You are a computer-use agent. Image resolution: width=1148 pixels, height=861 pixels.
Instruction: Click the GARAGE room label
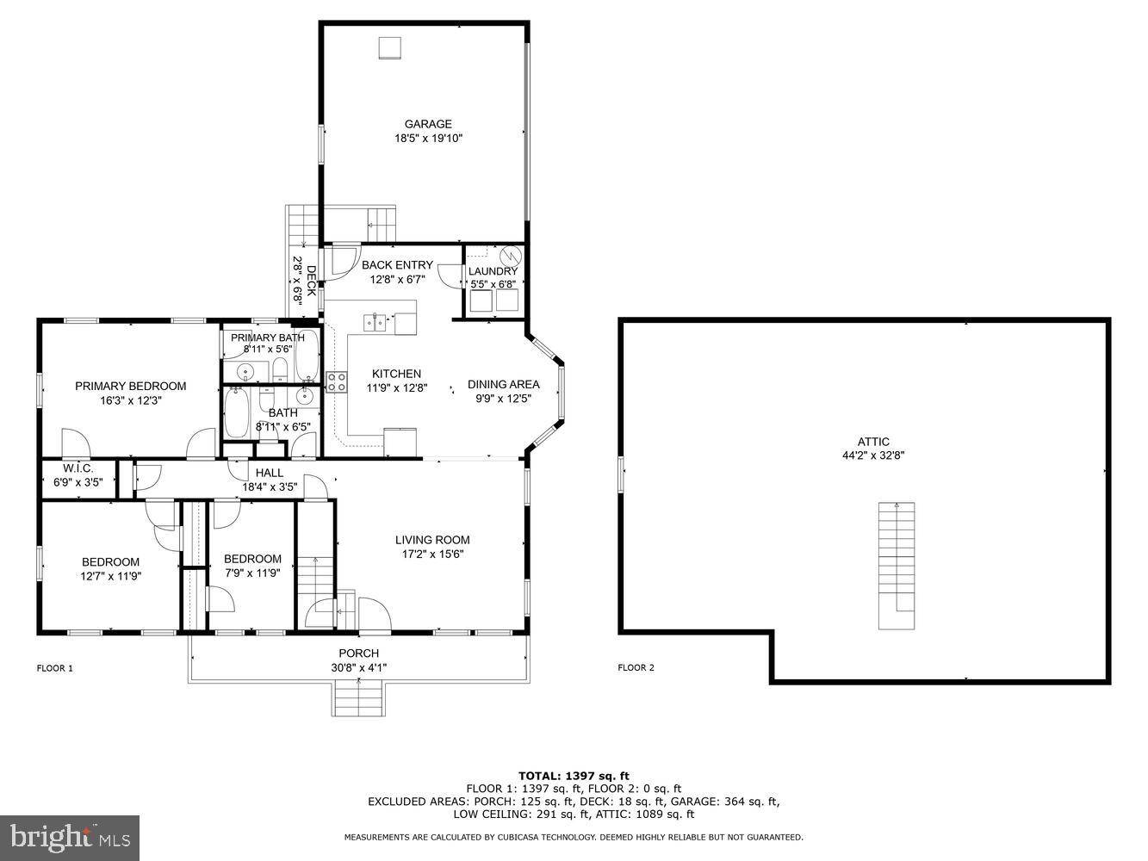(428, 124)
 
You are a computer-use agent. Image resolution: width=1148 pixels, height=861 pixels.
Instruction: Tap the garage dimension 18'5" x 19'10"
(428, 138)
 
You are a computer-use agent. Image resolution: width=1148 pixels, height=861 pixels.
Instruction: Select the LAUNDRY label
(493, 271)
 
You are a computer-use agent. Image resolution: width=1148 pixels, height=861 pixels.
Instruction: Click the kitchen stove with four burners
(336, 382)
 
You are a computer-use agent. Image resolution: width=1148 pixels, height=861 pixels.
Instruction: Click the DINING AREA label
(503, 384)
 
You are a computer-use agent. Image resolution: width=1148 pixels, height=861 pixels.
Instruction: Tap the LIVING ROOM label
(432, 540)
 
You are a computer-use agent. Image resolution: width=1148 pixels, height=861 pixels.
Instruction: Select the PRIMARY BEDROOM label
(130, 386)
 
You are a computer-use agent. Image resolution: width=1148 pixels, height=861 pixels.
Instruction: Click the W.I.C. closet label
(78, 468)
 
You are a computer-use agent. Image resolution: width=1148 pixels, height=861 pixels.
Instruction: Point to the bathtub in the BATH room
(236, 414)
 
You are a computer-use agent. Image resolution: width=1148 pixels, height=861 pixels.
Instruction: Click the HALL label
(269, 473)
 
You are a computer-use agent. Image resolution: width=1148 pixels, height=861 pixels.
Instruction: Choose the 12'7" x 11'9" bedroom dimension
(110, 577)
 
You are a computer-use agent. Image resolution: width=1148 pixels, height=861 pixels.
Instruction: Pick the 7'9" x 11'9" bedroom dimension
(252, 573)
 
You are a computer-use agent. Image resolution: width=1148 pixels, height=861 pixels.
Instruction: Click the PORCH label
(358, 653)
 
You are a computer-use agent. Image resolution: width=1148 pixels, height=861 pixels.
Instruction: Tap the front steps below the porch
(358, 697)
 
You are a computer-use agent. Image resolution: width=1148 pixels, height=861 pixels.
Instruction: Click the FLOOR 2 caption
(636, 667)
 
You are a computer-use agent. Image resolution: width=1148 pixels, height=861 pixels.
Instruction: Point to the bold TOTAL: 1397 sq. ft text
(574, 776)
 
